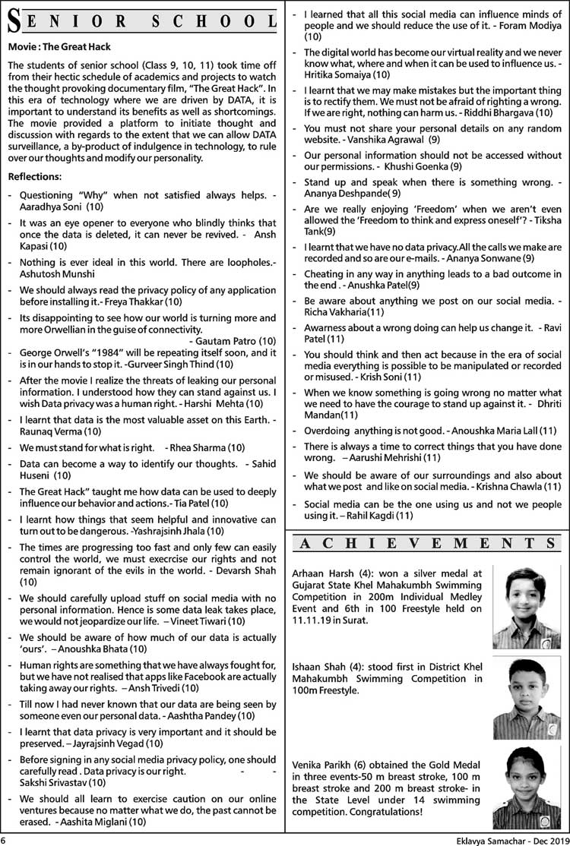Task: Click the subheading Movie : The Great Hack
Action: tap(59, 47)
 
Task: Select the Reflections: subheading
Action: tap(34, 177)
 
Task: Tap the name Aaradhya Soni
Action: tap(51, 207)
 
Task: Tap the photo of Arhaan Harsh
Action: tap(525, 601)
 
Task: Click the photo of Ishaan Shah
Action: tap(525, 697)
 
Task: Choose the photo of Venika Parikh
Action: tap(525, 788)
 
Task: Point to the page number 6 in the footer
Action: tap(5, 840)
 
